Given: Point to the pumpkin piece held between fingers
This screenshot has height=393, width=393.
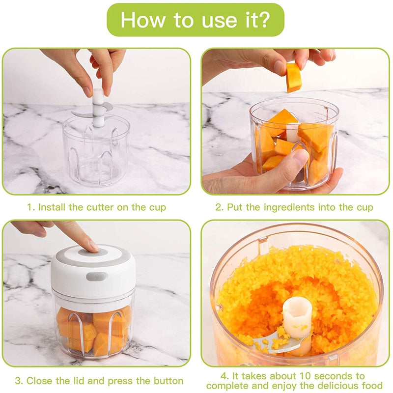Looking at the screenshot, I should [294, 77].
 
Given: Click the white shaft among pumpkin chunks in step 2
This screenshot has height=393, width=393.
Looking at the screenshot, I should [293, 133].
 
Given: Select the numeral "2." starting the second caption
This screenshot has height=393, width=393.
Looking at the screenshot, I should [220, 207].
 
